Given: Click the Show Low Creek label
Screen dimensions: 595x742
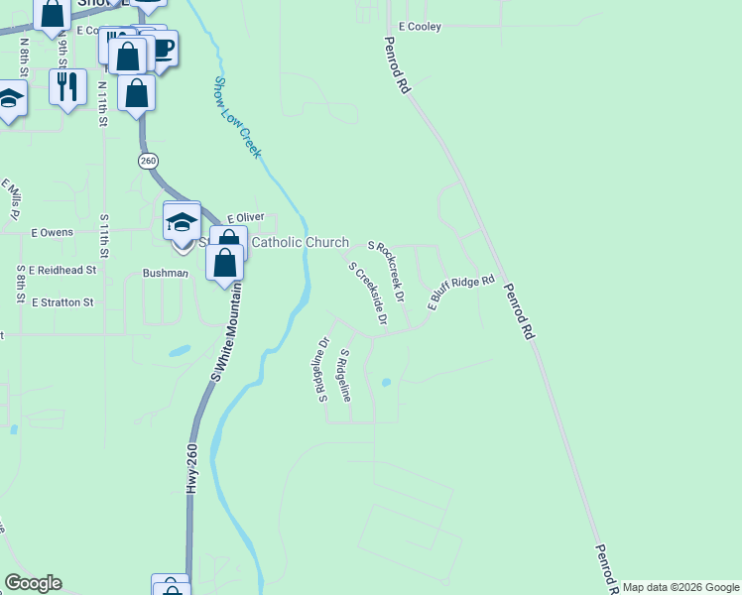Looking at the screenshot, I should coord(238,117).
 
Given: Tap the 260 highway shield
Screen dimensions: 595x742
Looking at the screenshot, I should coord(148,161).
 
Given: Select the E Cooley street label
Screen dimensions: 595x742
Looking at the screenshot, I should coord(419,26).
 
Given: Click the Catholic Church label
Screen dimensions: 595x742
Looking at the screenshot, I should coord(300,243).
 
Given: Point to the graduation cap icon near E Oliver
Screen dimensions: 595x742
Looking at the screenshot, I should coord(182,221).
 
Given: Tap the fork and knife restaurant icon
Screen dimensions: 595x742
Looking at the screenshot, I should coord(67,86).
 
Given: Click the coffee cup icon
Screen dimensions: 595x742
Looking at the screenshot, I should coord(159,49).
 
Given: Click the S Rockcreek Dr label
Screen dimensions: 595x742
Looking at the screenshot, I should coord(387,271).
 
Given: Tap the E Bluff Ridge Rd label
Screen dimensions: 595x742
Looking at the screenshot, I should coord(460,293).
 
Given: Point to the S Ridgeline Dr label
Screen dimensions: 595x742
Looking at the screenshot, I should coord(322,371).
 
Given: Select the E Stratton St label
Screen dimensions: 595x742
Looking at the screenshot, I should coord(62,301).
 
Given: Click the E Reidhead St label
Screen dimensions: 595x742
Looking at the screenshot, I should coord(62,269).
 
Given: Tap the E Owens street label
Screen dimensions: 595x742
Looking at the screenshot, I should coord(52,233).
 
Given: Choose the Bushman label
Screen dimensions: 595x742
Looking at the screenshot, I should coord(166,273).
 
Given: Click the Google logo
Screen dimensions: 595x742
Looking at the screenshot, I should coord(33,583).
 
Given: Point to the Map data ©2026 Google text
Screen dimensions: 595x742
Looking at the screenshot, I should coord(680,587).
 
